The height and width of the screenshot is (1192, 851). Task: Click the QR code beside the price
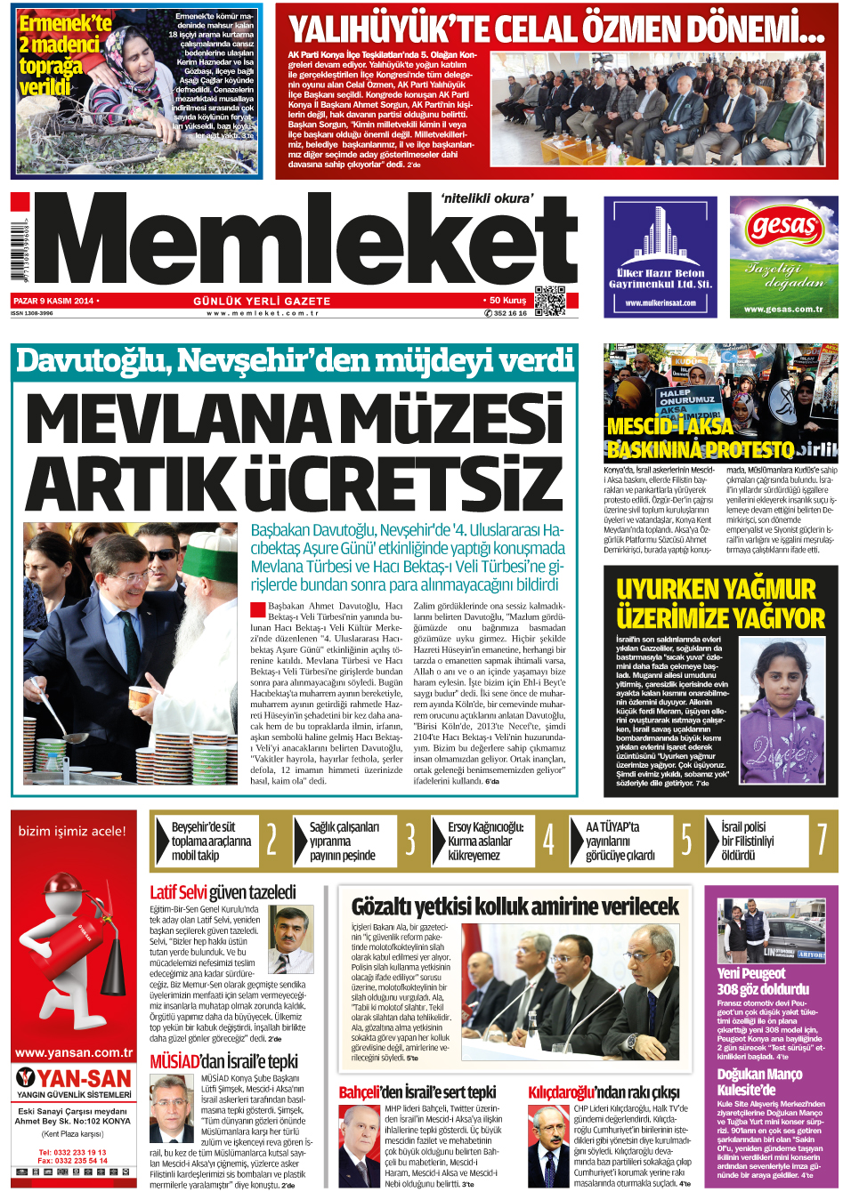pos(550,301)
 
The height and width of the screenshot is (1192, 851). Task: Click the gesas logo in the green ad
pos(783,227)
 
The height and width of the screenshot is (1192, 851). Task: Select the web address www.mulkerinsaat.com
pos(661,302)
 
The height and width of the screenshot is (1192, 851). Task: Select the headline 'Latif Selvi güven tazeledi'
pos(223,892)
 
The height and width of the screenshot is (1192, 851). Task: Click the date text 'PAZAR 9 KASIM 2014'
pos(53,301)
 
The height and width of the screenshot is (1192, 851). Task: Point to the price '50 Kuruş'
pos(506,301)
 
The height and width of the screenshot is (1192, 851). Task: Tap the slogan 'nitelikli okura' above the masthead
pos(487,198)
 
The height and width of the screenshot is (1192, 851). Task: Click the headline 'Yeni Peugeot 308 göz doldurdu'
pos(763,981)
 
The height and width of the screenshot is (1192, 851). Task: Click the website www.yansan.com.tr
pos(74,1052)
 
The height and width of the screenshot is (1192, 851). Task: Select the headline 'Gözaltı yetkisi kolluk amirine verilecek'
pos(515,906)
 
